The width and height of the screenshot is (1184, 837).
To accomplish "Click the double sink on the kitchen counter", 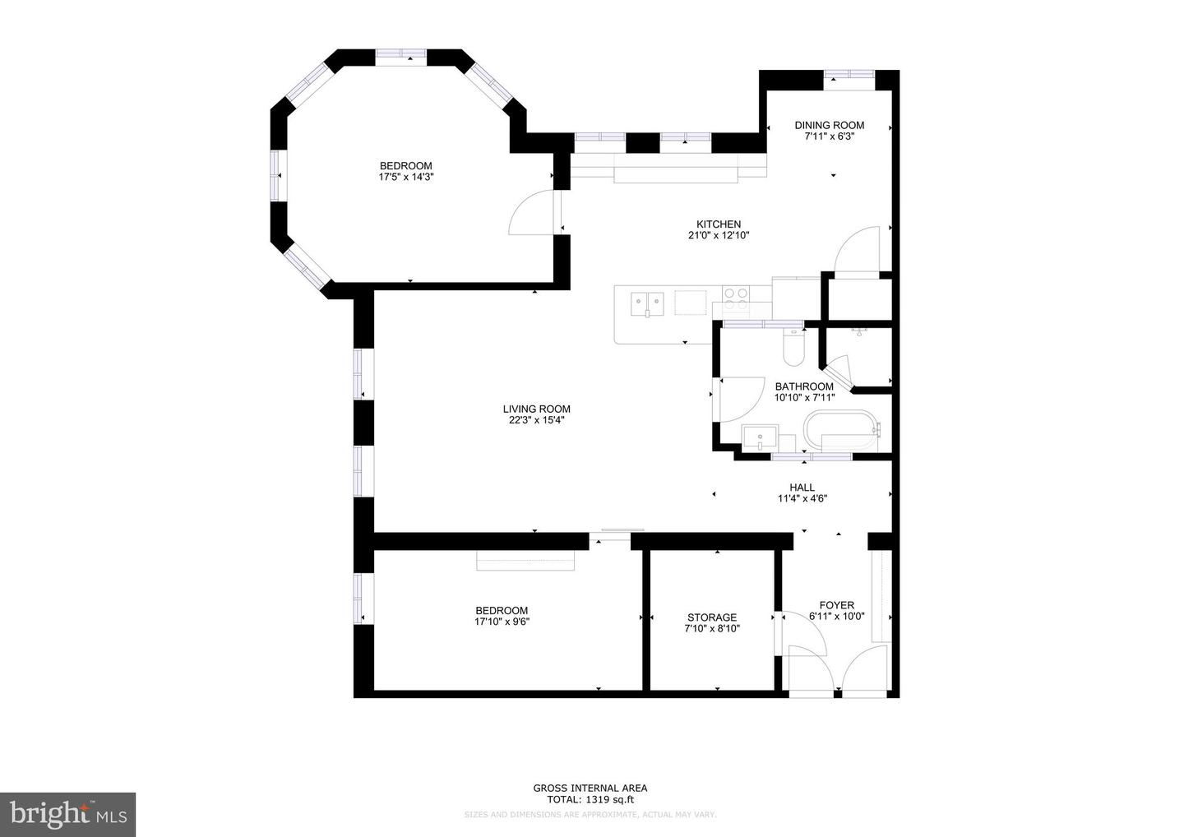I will pyautogui.click(x=648, y=303).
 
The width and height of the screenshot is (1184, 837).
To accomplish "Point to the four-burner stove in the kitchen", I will pyautogui.click(x=735, y=298).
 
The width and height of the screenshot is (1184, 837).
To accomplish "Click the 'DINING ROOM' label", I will pyautogui.click(x=829, y=126).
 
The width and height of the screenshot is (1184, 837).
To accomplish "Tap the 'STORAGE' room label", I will pyautogui.click(x=712, y=617).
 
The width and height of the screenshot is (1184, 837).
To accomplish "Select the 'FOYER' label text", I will pyautogui.click(x=836, y=605).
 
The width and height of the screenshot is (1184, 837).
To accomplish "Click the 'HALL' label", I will pyautogui.click(x=802, y=488).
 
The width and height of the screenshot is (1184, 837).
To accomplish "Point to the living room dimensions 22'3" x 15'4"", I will pyautogui.click(x=536, y=420).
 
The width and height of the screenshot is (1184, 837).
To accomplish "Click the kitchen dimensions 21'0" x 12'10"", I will pyautogui.click(x=719, y=235).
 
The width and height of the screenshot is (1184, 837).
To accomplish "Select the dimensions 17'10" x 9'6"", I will pyautogui.click(x=502, y=622).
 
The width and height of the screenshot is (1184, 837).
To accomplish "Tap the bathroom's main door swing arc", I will pyautogui.click(x=736, y=398).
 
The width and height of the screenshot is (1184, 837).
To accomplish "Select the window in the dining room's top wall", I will pyautogui.click(x=849, y=75).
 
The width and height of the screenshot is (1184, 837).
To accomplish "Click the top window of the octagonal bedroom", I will pyautogui.click(x=401, y=56).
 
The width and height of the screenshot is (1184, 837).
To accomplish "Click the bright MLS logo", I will pyautogui.click(x=67, y=814).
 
